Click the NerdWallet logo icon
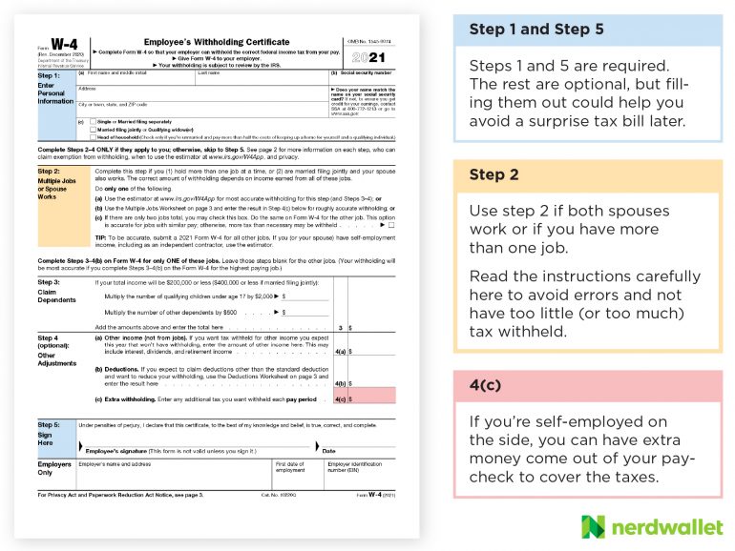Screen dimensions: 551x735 click(593, 526)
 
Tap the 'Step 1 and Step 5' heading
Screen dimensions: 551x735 click(535, 30)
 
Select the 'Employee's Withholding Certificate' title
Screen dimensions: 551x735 click(216, 43)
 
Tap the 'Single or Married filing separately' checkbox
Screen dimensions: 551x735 click(93, 122)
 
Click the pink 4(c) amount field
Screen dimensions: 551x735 click(372, 398)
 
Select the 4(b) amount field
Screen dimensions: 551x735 click(372, 383)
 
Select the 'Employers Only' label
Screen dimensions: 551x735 click(53, 468)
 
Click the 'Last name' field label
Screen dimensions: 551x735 click(209, 72)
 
